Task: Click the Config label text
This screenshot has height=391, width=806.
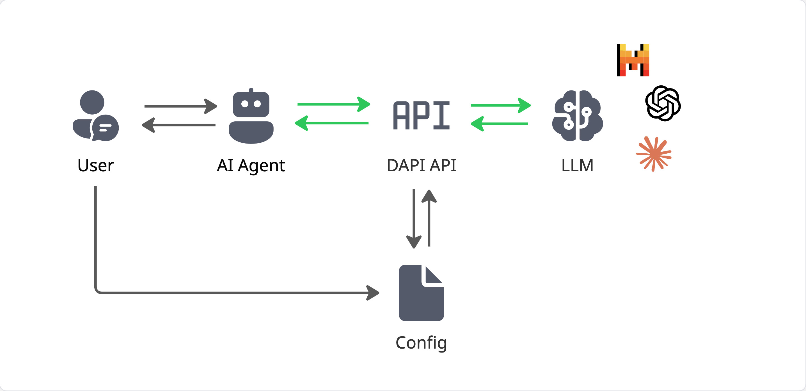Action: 421,342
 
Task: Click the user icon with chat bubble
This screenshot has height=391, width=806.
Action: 95,116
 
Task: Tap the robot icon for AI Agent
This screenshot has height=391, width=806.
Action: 251,117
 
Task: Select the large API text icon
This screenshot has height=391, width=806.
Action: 422,115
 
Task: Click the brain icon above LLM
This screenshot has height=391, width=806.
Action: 577,116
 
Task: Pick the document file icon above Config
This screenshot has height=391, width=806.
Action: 421,293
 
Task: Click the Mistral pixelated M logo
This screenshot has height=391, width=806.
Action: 633,60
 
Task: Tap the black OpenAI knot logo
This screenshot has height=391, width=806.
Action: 663,103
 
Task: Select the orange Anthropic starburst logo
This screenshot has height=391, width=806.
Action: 654,154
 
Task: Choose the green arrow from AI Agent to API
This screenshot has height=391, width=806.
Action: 333,104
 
